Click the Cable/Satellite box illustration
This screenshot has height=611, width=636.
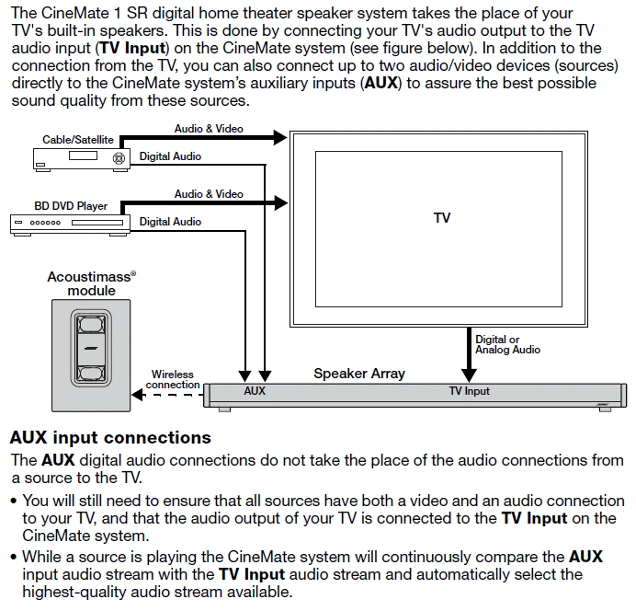81,157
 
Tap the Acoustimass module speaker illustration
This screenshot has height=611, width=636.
90,351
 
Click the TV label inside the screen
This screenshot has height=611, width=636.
442,218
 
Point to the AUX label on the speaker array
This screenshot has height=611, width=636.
255,391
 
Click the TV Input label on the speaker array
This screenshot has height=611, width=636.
469,391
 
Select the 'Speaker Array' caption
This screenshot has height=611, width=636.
358,374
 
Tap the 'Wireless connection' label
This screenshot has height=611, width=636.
173,379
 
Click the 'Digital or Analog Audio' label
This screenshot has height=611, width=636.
507,344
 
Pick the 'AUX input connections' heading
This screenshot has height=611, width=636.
110,437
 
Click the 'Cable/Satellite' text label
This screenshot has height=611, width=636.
78,140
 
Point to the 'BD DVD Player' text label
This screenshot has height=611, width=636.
73,206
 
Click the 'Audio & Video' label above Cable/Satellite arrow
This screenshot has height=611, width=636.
209,129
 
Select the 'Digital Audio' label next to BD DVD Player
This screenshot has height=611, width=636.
170,222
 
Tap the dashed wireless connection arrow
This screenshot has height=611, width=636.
175,396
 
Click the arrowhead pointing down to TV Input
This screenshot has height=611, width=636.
469,373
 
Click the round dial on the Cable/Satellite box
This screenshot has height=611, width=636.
117,157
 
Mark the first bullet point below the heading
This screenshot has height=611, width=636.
13,501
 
